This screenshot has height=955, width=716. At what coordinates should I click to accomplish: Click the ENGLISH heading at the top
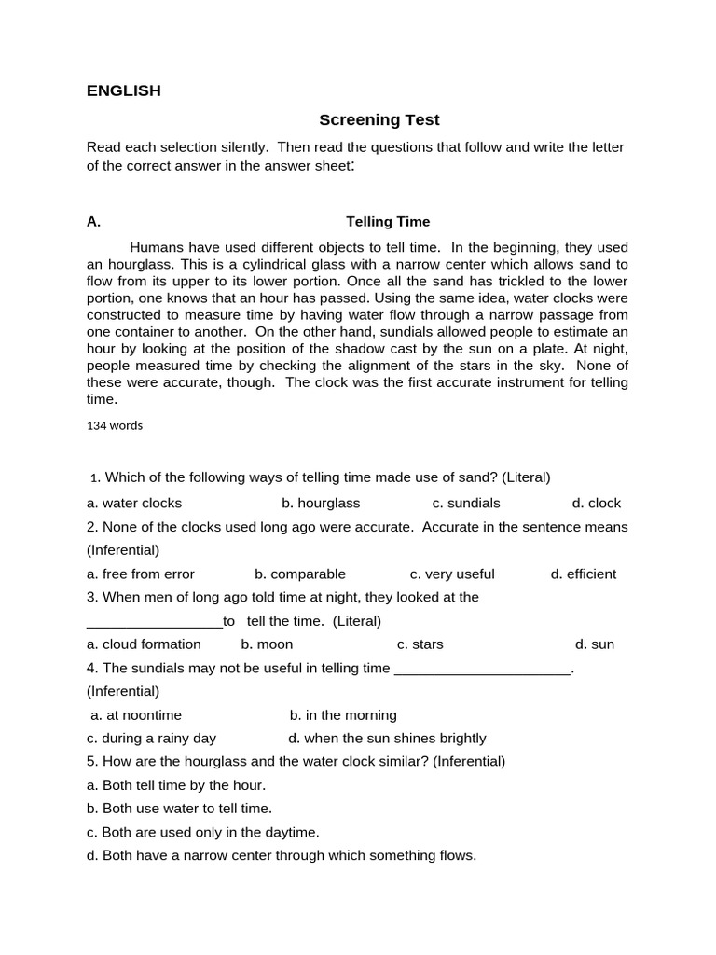123,90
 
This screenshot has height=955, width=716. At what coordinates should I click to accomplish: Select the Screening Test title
379,119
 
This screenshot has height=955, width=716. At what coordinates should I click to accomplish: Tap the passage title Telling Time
388,221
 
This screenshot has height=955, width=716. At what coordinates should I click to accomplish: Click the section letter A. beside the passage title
93,221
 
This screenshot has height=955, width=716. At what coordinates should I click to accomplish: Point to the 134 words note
115,425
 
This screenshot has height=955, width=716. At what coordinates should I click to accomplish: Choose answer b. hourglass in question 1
321,503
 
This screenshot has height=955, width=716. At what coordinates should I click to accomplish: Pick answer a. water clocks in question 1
134,503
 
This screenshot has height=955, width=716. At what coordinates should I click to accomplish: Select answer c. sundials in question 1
466,503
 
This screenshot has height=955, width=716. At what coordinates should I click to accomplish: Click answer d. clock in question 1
596,503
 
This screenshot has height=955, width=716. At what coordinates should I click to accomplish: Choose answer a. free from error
141,574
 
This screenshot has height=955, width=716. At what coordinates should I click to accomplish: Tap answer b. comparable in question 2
300,574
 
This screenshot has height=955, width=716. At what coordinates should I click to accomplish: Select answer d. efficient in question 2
584,574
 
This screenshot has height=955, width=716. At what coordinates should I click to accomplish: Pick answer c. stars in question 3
420,644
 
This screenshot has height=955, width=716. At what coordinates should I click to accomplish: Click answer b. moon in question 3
267,644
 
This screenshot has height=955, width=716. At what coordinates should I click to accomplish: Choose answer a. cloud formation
144,644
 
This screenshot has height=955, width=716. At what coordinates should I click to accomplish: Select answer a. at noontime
136,714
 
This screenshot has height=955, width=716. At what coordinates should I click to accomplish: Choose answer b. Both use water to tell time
179,809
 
